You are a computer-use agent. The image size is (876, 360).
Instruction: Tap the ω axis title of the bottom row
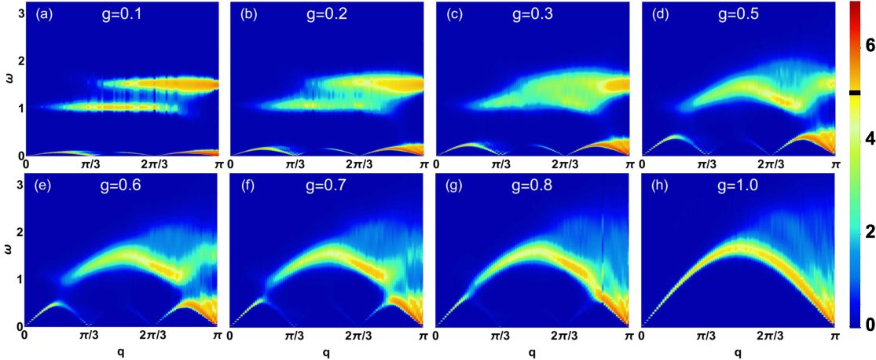[5, 254]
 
